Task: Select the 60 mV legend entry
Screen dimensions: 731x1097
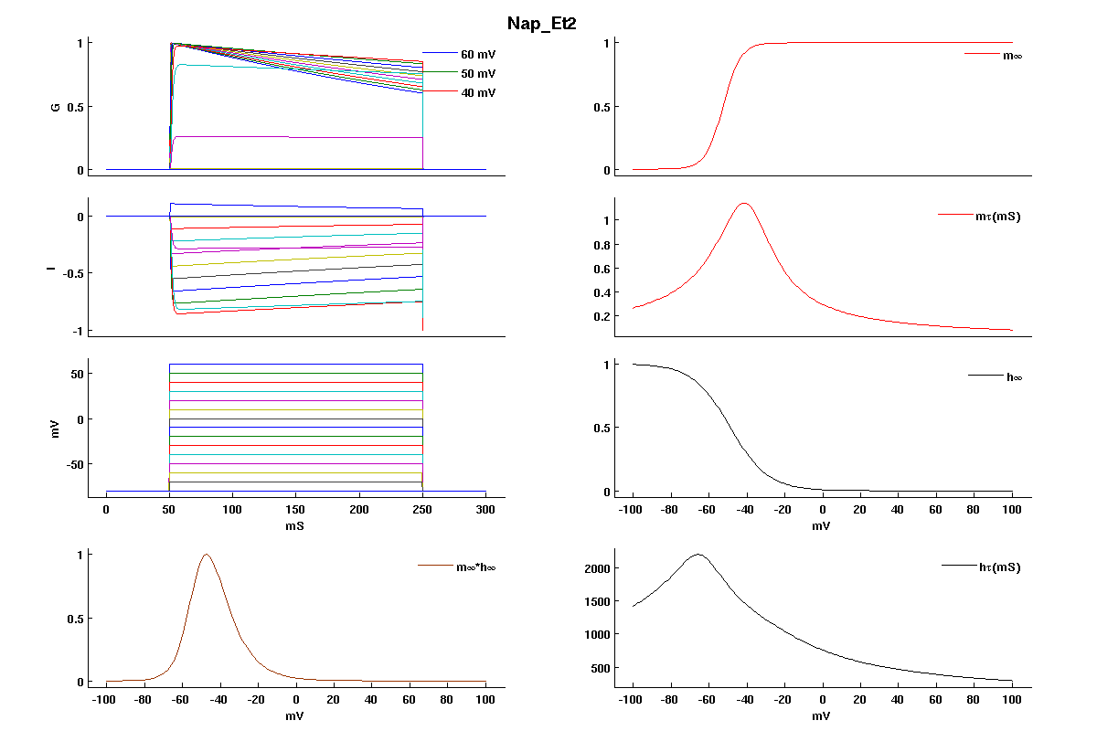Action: [478, 54]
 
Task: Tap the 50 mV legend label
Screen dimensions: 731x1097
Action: [478, 73]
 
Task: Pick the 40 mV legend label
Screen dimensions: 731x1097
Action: [478, 92]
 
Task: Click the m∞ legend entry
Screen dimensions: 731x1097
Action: [1012, 56]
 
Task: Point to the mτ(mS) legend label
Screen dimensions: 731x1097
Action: [998, 217]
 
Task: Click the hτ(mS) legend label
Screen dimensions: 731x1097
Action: [999, 567]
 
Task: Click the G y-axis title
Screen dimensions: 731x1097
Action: [56, 107]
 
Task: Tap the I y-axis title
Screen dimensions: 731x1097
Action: [56, 270]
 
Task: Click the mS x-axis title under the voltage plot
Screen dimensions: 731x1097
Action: [295, 527]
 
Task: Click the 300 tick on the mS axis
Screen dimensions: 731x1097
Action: [485, 510]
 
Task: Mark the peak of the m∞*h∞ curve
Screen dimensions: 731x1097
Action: [206, 555]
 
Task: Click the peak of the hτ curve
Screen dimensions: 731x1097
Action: [698, 554]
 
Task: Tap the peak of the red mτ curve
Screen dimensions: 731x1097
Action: [744, 203]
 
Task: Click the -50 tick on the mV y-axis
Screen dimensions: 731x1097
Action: [74, 465]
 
